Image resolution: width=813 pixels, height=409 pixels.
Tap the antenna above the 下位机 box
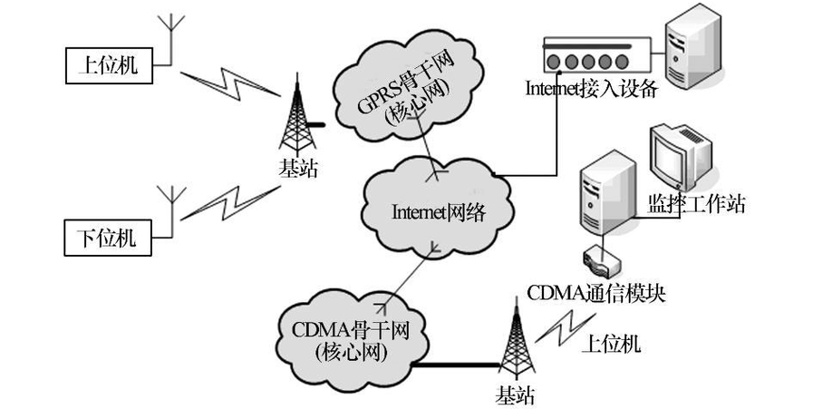(169, 205)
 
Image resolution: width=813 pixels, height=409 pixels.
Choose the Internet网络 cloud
(439, 211)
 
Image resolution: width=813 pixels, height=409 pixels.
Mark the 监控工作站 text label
(696, 204)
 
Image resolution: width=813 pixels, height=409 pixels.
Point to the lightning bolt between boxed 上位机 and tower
(226, 86)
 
